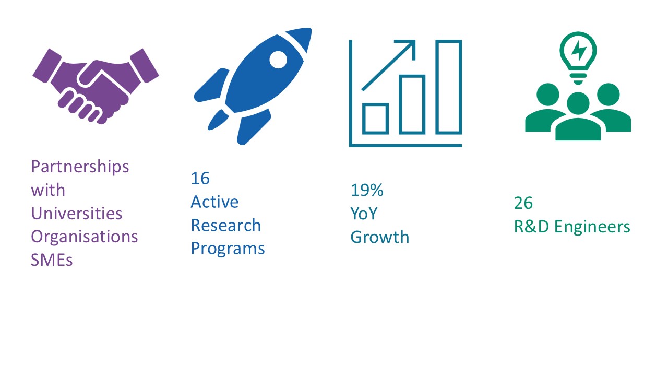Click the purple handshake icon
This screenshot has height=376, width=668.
[96, 87]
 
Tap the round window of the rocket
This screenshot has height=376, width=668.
[278, 60]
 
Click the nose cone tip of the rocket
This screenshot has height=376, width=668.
[311, 29]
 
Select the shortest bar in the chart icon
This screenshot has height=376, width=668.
[375, 119]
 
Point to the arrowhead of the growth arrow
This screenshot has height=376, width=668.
[410, 45]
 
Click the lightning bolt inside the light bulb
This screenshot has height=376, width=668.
[579, 51]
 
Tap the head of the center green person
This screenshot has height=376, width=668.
[578, 103]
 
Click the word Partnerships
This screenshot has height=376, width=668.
[80, 167]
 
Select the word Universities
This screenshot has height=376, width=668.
[77, 214]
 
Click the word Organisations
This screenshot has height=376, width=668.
[85, 237]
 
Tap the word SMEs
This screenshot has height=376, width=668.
[52, 260]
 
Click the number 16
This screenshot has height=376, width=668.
[200, 178]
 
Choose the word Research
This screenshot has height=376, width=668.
[226, 225]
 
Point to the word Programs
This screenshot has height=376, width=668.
[228, 249]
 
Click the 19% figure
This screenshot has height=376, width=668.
[367, 190]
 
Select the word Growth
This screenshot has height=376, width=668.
[379, 237]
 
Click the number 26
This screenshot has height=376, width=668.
[523, 203]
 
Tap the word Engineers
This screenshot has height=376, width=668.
[592, 227]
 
